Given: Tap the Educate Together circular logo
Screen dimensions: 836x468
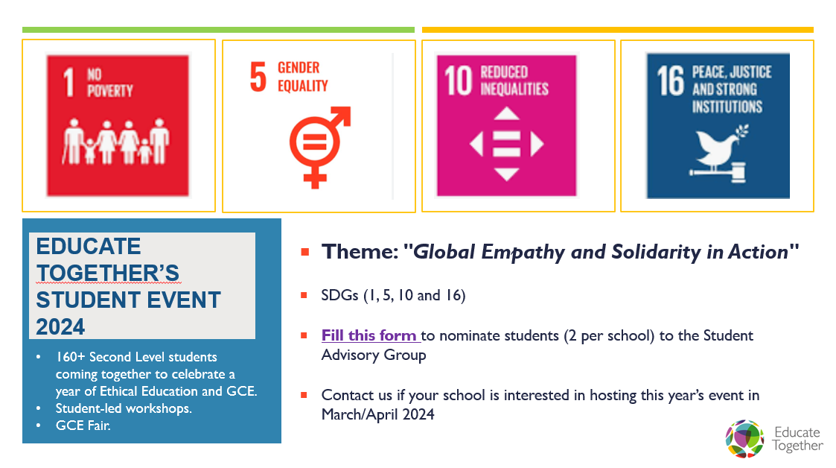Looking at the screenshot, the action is point(745,439).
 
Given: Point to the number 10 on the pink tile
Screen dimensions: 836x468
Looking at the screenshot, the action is point(458,80).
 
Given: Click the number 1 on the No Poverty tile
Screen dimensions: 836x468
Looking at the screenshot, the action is point(68,82).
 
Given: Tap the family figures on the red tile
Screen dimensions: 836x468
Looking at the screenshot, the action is point(115,141).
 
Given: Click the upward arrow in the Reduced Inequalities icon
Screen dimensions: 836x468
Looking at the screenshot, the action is point(506,114).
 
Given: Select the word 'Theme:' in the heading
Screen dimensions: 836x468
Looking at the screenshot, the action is point(360,252).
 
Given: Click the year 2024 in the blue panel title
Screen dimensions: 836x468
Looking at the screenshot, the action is point(60,326).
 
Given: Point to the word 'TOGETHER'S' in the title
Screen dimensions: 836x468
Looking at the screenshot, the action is point(108,273).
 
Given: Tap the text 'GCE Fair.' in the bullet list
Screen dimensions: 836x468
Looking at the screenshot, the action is point(83,426).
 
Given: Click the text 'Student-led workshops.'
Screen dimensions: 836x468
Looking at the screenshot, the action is point(124,408).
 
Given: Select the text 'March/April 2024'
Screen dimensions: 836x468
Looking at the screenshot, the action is point(377,414).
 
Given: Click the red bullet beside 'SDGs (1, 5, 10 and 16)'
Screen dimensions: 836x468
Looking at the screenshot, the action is point(304,295).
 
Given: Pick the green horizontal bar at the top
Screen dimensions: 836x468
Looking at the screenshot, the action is point(218,30).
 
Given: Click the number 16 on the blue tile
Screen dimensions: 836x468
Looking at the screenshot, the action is point(670,80).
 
